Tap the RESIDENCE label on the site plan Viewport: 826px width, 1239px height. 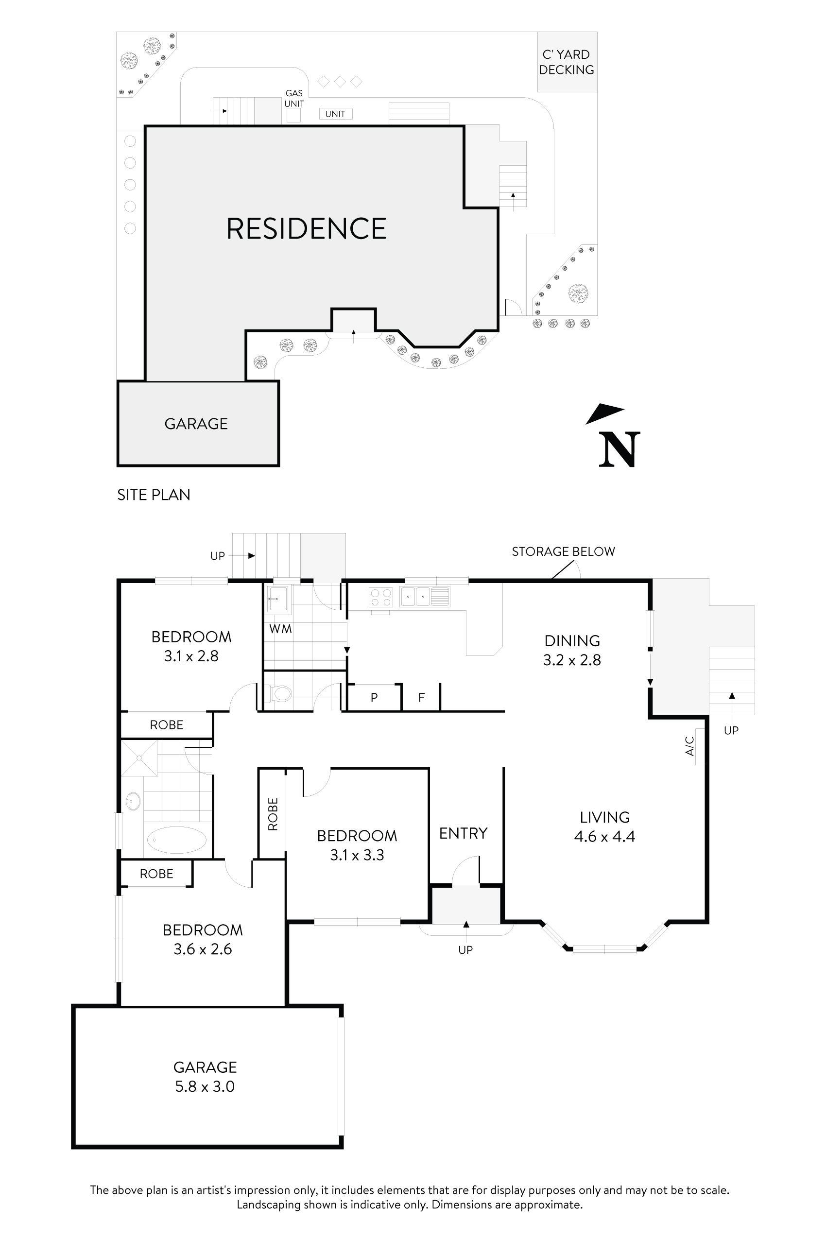pyautogui.click(x=306, y=229)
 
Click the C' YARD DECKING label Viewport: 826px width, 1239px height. pyautogui.click(x=566, y=62)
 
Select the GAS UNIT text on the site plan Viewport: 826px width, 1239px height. pyautogui.click(x=294, y=99)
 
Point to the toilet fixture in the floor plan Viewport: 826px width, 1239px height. pyautogui.click(x=280, y=693)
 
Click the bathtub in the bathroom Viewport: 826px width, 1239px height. pyautogui.click(x=176, y=840)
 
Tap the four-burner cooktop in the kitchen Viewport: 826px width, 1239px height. pyautogui.click(x=381, y=597)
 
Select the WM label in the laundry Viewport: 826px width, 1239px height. pyautogui.click(x=280, y=629)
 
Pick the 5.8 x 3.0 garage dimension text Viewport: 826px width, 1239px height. pyautogui.click(x=205, y=1087)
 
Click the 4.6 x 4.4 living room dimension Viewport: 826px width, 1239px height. pyautogui.click(x=604, y=837)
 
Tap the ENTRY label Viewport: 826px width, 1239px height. pyautogui.click(x=463, y=833)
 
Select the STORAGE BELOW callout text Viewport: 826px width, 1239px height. pyautogui.click(x=563, y=551)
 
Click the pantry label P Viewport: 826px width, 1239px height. pyautogui.click(x=374, y=698)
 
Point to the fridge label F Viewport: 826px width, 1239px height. pyautogui.click(x=421, y=698)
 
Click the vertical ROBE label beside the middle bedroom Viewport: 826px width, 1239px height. pyautogui.click(x=273, y=814)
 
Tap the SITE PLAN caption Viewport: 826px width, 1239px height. pyautogui.click(x=153, y=495)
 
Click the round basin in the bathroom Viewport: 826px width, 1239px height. pyautogui.click(x=133, y=802)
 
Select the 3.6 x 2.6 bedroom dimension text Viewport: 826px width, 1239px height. pyautogui.click(x=203, y=949)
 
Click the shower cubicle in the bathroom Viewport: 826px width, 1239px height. pyautogui.click(x=139, y=758)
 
